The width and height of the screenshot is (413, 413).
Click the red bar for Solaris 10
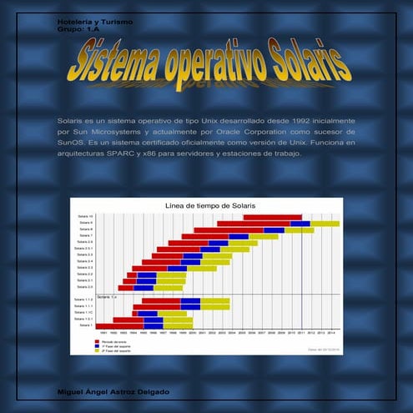point(272,217)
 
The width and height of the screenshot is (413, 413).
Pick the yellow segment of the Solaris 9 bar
point(325,224)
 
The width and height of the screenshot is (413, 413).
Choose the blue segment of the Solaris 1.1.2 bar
point(190,300)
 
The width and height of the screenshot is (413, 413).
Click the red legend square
point(98,341)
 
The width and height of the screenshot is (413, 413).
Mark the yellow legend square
point(98,351)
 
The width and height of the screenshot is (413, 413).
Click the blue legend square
point(98,346)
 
